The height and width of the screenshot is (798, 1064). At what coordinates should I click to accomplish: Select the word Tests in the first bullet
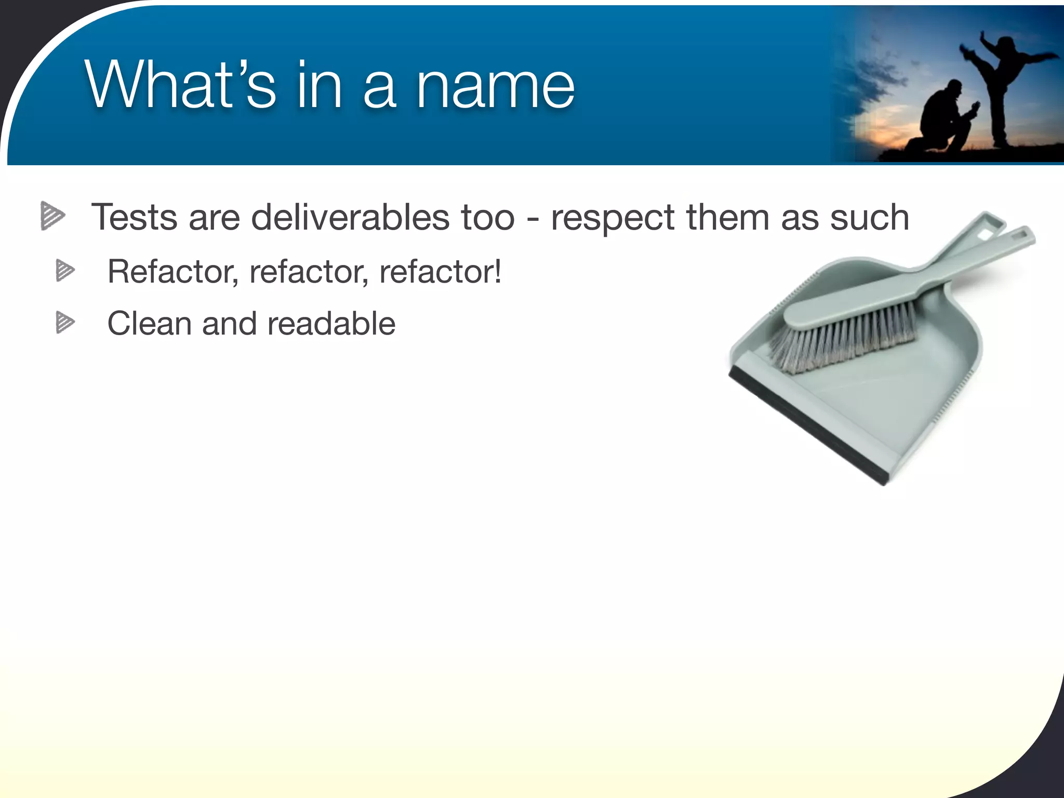tap(134, 217)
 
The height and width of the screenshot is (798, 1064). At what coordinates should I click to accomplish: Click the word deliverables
tap(350, 217)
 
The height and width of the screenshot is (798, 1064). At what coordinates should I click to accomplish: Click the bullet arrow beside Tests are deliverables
tap(52, 216)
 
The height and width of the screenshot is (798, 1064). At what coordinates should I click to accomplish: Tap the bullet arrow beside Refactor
tap(65, 270)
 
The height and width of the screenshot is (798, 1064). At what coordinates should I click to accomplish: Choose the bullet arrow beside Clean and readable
tap(65, 323)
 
